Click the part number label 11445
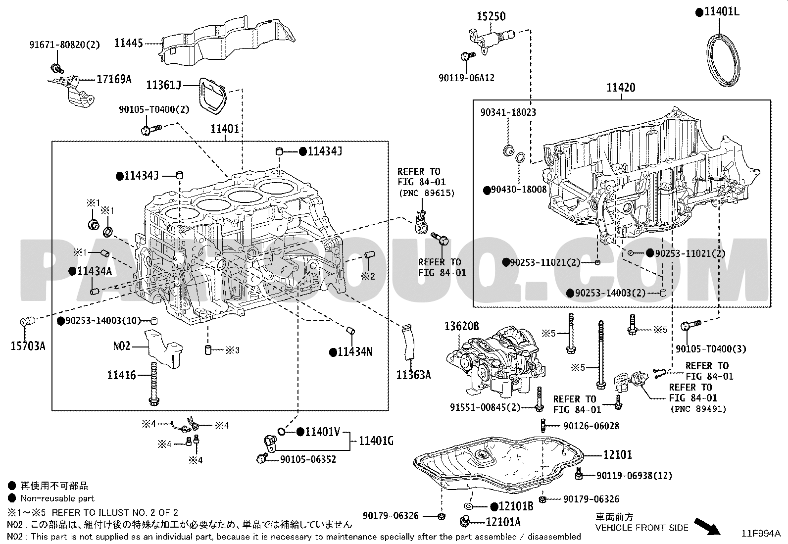(x=128, y=43)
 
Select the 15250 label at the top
(x=491, y=16)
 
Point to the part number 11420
(x=621, y=87)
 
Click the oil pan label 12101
(x=618, y=454)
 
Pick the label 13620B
(x=461, y=326)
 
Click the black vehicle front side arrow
(x=707, y=527)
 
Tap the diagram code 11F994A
(x=761, y=534)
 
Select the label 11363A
(x=413, y=375)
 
